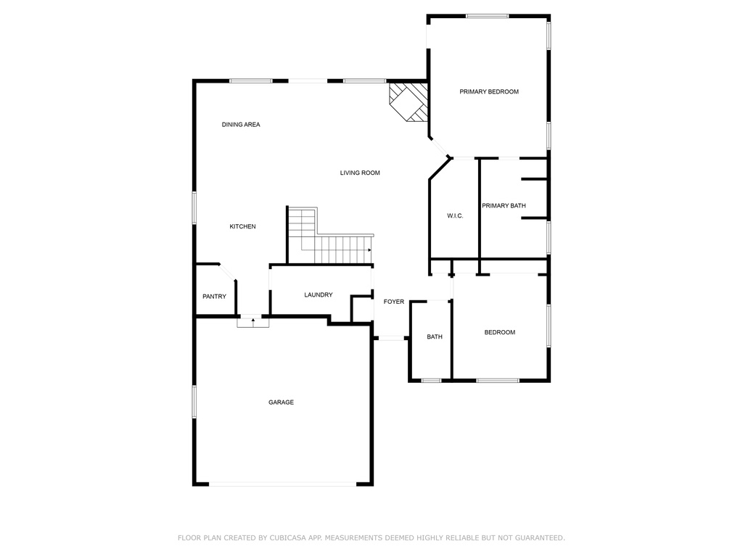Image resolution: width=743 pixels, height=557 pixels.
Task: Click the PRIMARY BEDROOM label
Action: coord(489,92)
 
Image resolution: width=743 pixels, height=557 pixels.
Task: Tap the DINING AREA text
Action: coord(241,125)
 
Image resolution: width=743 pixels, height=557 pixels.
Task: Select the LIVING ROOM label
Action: coord(360,173)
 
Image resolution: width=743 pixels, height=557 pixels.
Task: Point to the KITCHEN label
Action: coord(242,227)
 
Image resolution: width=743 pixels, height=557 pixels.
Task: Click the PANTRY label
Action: coord(214,297)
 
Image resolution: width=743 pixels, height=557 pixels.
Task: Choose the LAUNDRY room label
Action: coord(319,294)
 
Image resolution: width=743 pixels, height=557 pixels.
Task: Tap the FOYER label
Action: coord(394,302)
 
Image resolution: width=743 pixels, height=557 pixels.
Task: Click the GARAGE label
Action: coord(281,403)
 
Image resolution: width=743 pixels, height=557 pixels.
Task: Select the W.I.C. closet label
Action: coord(455,216)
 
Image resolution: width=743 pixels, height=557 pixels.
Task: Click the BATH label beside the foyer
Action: coord(435,337)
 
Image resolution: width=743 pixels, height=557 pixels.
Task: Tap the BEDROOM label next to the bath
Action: coord(500,332)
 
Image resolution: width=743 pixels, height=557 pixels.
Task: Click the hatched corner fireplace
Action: coord(409,101)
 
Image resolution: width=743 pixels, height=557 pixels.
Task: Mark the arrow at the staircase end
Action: coord(369,250)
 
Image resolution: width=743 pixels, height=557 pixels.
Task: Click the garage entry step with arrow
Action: coord(253,321)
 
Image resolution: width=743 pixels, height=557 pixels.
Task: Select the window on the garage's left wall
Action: coord(194,401)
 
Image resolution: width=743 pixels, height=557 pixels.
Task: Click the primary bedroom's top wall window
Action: coord(487,15)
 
